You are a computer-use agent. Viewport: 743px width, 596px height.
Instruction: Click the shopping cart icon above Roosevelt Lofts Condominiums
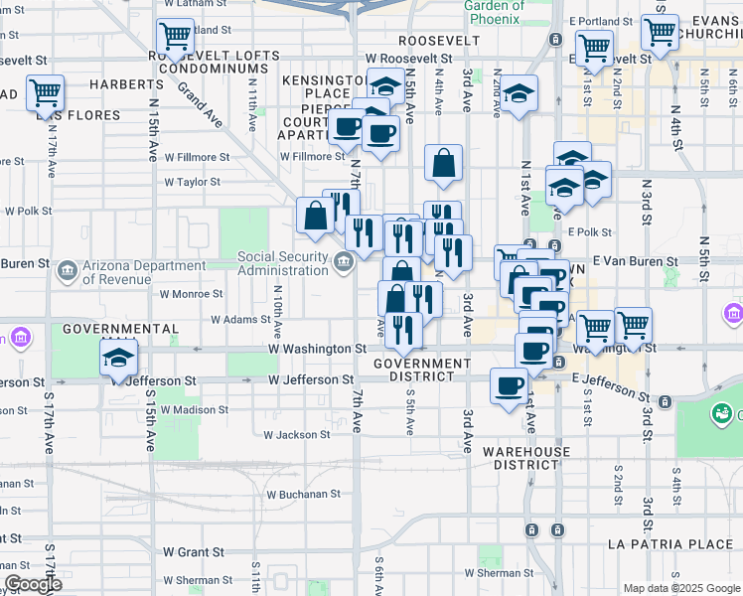175,38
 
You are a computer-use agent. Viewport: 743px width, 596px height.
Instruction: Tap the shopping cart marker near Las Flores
46,93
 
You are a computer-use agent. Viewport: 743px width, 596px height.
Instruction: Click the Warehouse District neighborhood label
526,458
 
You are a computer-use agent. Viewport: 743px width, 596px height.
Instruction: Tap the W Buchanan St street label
304,494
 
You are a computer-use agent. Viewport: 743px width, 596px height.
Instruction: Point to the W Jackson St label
296,434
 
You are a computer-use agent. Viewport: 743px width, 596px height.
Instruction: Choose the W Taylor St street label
192,182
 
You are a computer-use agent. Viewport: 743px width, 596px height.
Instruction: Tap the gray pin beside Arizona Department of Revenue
68,269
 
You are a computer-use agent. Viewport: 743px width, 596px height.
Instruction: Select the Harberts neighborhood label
119,85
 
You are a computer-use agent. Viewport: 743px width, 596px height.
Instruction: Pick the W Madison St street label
194,409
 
